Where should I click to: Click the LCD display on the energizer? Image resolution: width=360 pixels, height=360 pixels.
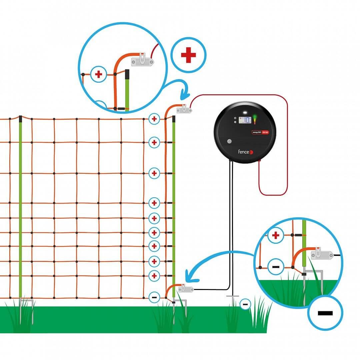(x=244, y=120)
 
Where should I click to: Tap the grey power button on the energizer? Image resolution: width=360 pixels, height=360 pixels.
(x=229, y=141)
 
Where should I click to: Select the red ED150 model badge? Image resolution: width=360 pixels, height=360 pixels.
(x=265, y=132)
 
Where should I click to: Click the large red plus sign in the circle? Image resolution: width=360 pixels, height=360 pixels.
(x=188, y=55)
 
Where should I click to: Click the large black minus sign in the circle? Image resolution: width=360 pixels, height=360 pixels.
(x=325, y=313)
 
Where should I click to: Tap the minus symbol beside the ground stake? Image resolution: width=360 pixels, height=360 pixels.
(x=245, y=304)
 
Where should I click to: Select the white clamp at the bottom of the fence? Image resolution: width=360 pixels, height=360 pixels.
(x=186, y=289)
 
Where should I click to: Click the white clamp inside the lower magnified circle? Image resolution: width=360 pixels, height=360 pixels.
(x=322, y=255)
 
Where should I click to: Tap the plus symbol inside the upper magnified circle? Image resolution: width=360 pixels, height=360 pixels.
(x=98, y=74)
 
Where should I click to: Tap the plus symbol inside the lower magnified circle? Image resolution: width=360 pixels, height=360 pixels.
(x=275, y=235)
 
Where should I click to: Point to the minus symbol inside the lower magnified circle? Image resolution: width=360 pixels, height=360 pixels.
(x=276, y=267)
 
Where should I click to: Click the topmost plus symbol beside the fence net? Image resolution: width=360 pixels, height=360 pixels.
(x=154, y=118)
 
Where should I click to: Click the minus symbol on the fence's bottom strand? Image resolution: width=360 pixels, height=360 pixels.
(x=154, y=296)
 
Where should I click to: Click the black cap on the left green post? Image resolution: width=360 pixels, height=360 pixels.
(x=21, y=118)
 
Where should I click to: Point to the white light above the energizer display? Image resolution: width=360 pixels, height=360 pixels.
(x=245, y=112)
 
